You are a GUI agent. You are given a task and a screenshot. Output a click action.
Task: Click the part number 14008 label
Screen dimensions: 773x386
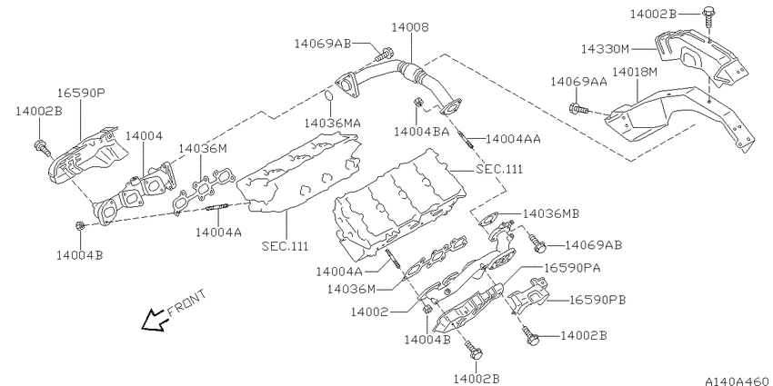pos(410,27)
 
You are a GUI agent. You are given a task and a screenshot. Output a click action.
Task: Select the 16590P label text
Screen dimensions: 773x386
pos(81,93)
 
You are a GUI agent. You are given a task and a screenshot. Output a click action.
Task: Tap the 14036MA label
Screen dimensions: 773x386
pos(332,123)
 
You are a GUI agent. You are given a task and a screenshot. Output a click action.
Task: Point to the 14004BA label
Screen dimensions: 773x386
pos(421,132)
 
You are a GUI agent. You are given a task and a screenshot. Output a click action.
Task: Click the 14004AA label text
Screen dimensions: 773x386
pos(513,139)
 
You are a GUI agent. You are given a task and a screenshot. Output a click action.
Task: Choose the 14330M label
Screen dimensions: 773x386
pos(605,49)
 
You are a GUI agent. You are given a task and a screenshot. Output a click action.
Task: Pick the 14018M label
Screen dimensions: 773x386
pos(635,73)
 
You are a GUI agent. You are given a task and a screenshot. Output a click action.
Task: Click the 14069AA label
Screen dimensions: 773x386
pos(578,82)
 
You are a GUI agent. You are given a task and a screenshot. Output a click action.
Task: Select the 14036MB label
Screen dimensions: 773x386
pos(551,213)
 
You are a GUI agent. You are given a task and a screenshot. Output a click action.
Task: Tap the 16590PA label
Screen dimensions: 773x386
pos(572,268)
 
